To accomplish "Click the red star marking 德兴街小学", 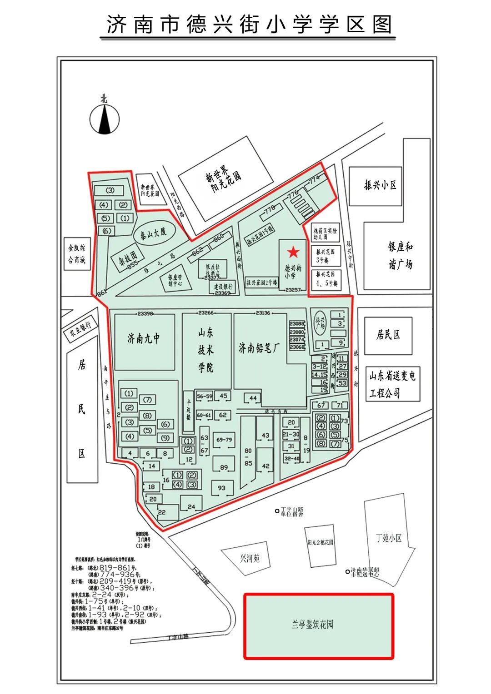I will tap(293, 252).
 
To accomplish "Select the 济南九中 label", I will tap(144, 338).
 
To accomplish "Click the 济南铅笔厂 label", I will tap(260, 348).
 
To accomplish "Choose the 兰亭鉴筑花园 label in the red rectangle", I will tap(313, 625).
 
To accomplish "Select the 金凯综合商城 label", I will tap(77, 254).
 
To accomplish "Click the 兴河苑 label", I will tap(250, 558).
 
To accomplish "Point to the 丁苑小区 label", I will tap(389, 538).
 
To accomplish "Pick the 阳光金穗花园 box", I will tap(320, 543).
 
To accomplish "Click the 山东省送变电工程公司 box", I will tap(392, 384).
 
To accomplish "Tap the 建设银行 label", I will tap(223, 287).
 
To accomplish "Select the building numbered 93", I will tap(221, 488).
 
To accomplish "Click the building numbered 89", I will tap(224, 467).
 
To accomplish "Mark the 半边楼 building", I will tap(189, 410).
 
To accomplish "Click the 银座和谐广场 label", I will tap(400, 255).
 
